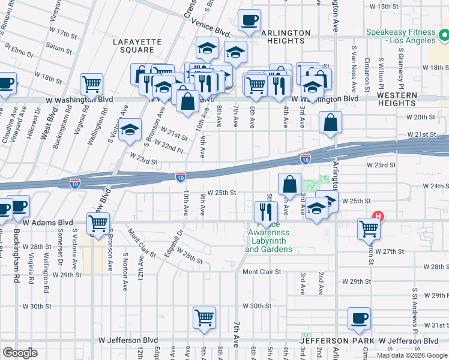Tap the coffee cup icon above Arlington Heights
click(x=249, y=20)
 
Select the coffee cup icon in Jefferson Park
click(x=360, y=319)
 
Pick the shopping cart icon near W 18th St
click(x=91, y=83)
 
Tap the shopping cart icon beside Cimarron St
click(x=369, y=228)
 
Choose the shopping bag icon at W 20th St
click(x=330, y=123)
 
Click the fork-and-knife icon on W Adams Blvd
click(x=265, y=211)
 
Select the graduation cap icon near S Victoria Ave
click(x=130, y=130)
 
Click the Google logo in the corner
click(x=20, y=353)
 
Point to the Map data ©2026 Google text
click(x=412, y=355)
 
